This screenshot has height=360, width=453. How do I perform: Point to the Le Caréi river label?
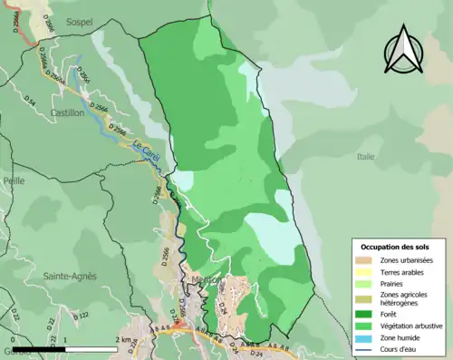(146, 150)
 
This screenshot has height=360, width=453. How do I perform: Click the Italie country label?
(365, 157)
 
